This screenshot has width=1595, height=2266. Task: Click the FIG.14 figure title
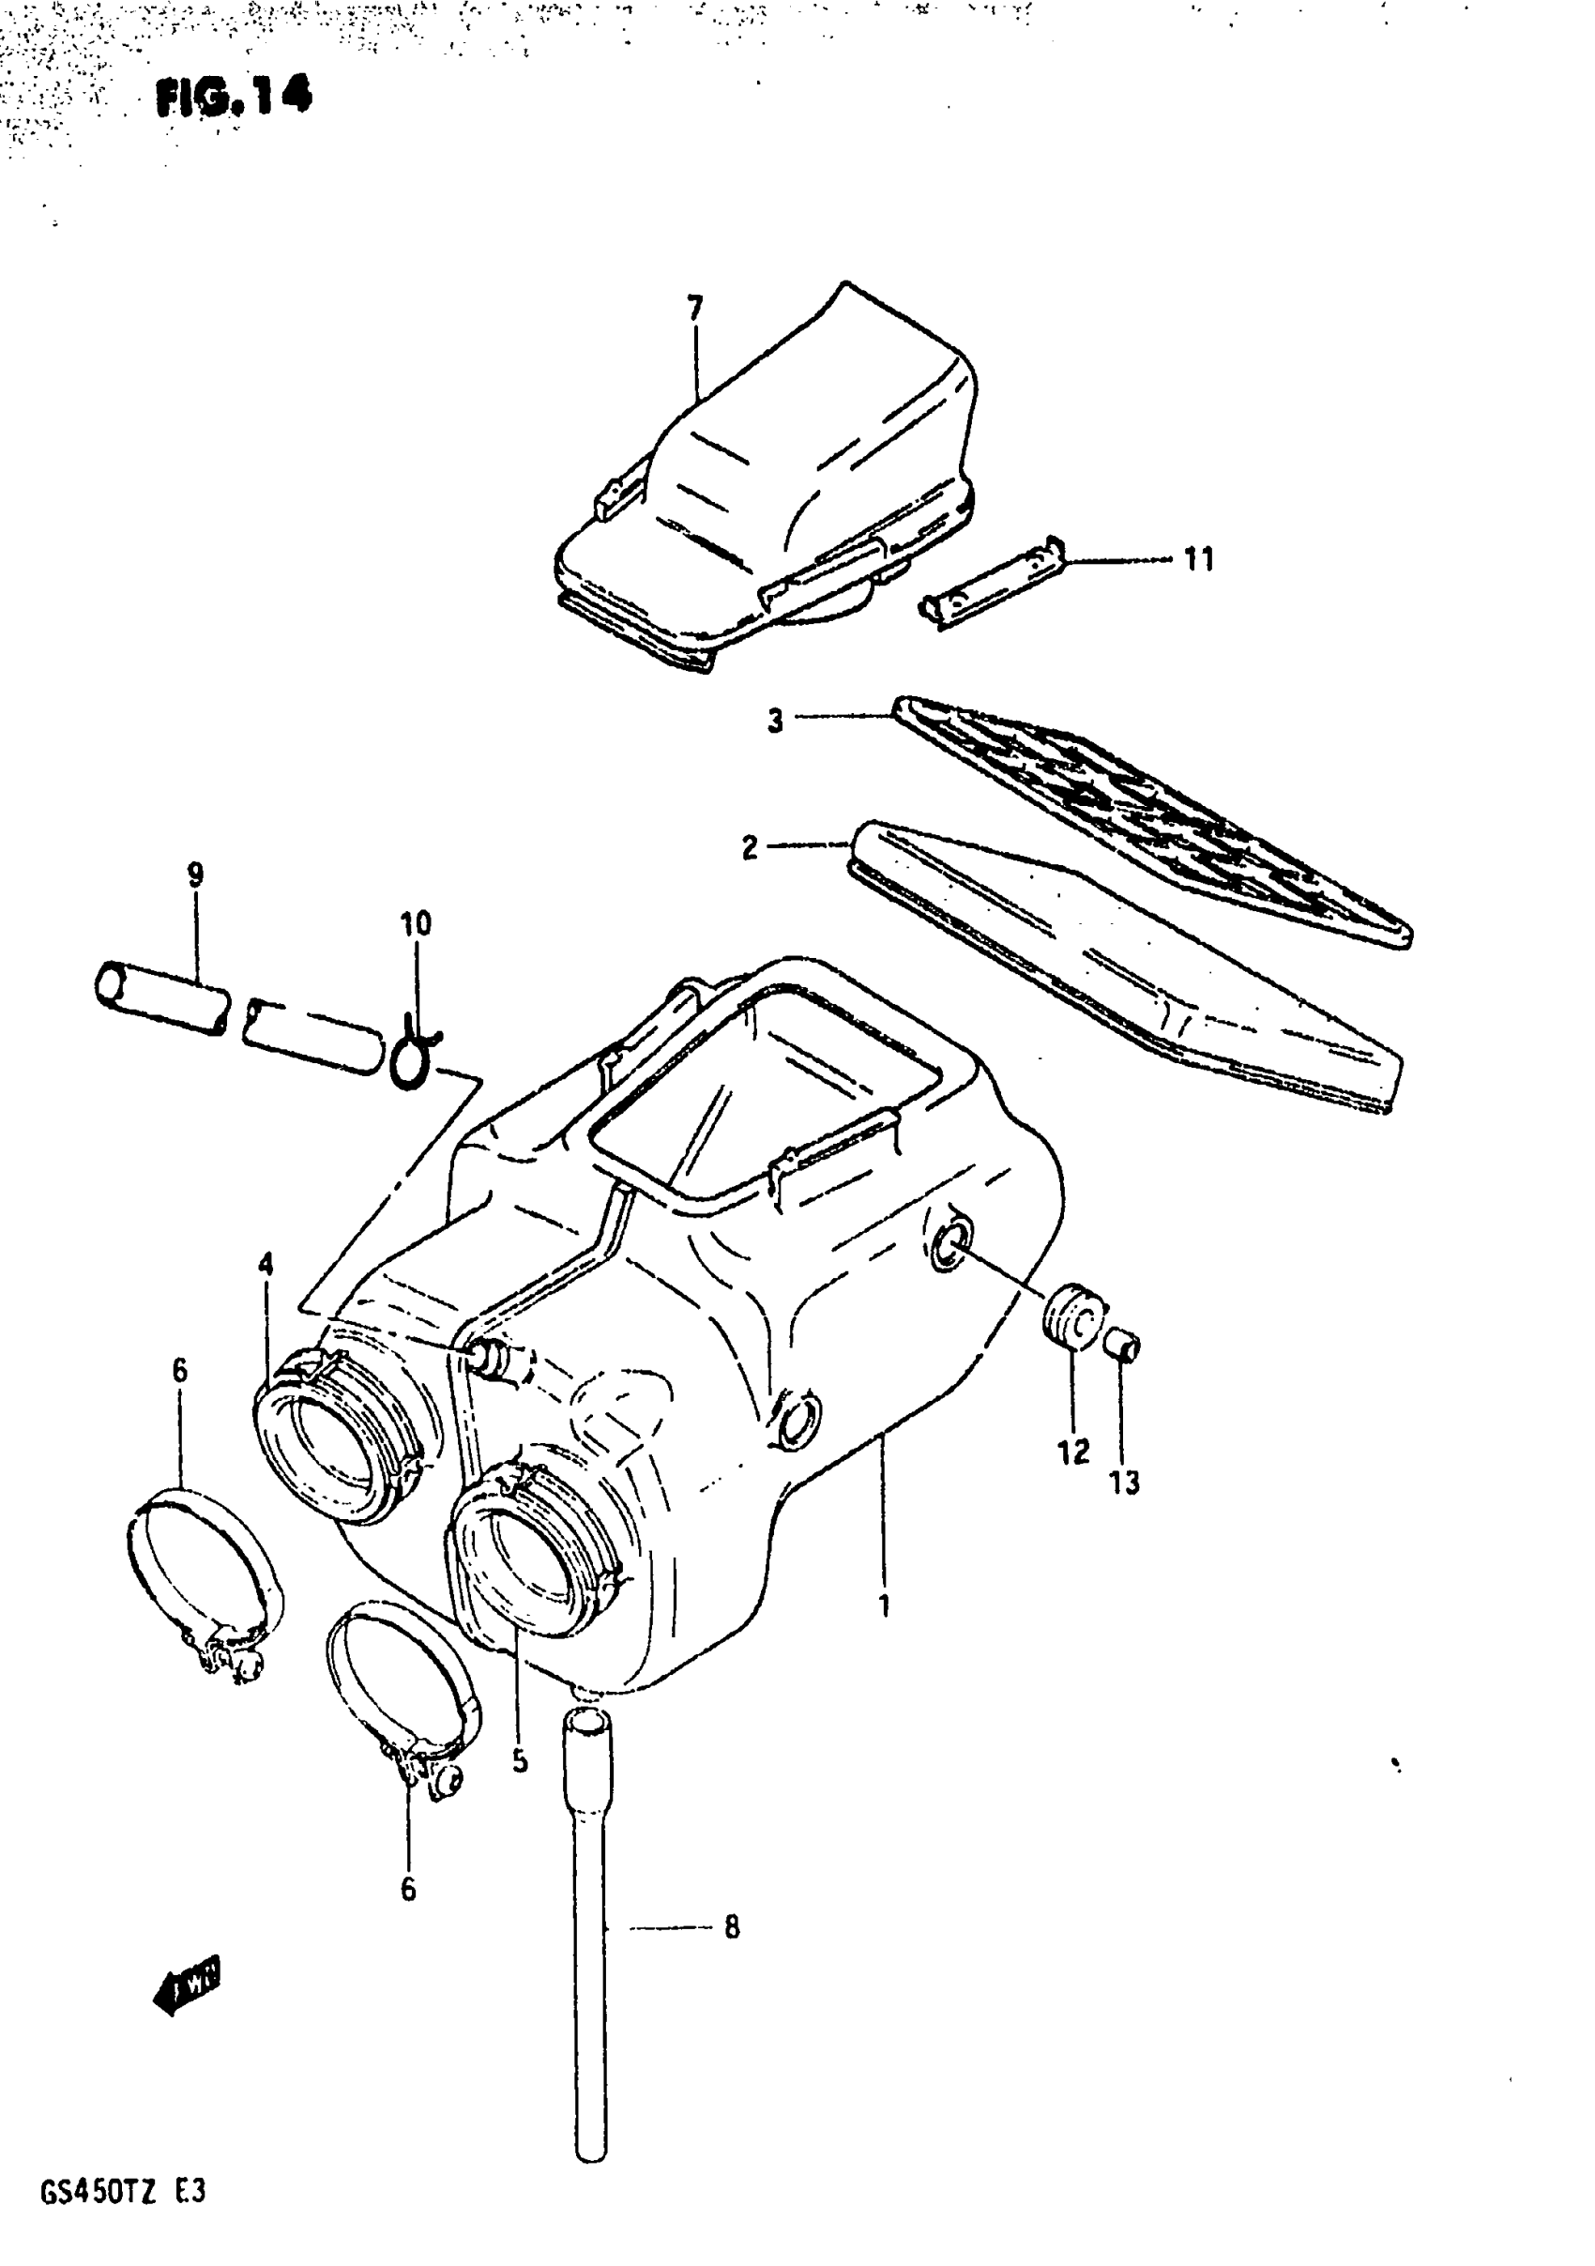click(234, 97)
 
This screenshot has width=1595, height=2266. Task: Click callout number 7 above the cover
click(695, 309)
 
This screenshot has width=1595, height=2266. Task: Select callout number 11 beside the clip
click(1198, 559)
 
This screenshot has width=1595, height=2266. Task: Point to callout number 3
click(776, 721)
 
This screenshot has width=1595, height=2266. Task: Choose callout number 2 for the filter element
click(751, 846)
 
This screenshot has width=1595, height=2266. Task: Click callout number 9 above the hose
click(194, 874)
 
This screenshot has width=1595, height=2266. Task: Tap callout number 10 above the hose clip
click(416, 924)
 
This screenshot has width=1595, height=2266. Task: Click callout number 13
click(1124, 1482)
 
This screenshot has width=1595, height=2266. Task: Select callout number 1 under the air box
click(885, 1605)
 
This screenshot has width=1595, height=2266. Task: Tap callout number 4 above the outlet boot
click(266, 1264)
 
